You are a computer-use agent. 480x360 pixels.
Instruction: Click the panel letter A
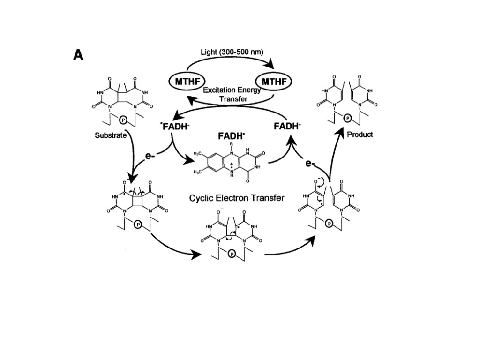[78, 55]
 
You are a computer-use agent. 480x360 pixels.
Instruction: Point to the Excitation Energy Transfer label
[232, 95]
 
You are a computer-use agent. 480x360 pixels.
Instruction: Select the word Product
[360, 135]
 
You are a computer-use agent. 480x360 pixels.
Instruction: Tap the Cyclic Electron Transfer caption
[236, 198]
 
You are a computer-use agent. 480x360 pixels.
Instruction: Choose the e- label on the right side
[310, 163]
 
